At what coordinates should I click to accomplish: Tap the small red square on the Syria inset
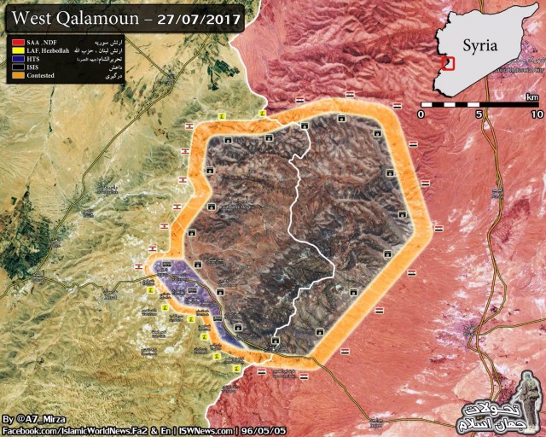click(448, 63)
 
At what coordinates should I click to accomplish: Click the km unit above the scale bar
click(532, 96)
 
